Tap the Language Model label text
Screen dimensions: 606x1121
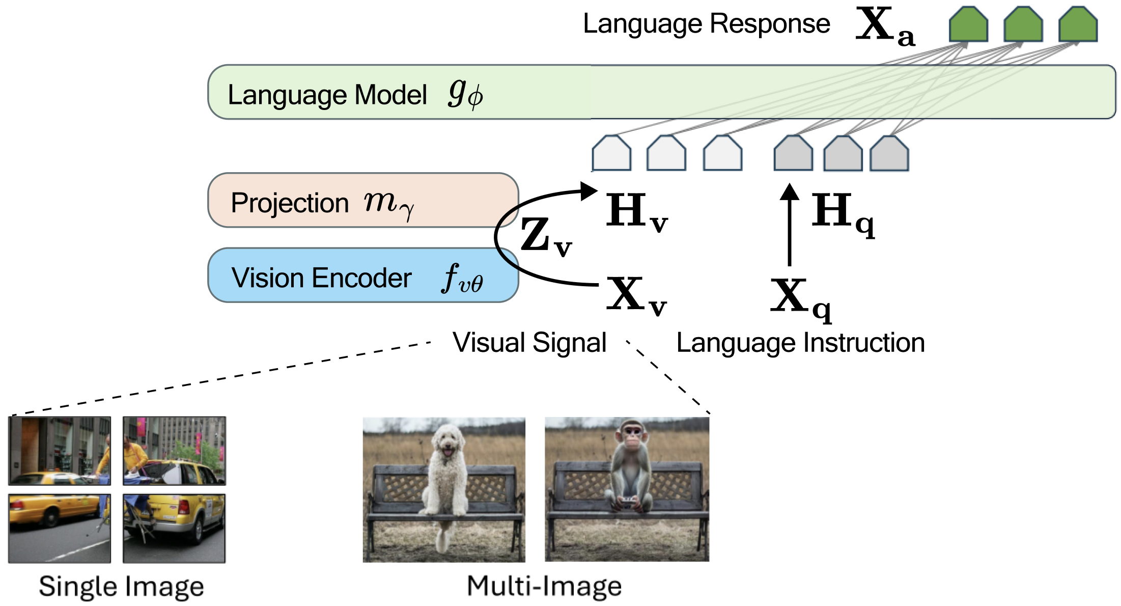coord(327,95)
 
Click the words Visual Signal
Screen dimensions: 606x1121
coord(529,343)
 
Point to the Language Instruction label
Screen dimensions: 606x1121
coord(800,343)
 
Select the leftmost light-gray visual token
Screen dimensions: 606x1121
coord(611,153)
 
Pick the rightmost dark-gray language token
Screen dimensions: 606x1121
coord(889,153)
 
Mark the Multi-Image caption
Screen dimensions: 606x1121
coord(544,586)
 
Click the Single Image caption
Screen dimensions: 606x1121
coord(121,586)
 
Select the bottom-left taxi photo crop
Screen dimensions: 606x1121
coord(60,528)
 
